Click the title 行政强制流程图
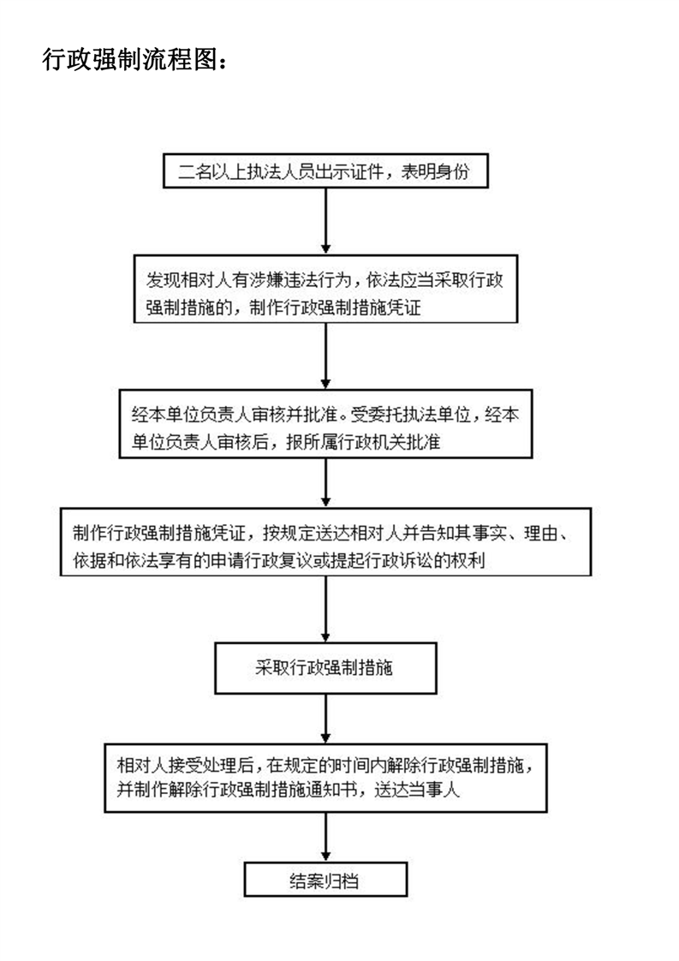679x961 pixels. (x=130, y=59)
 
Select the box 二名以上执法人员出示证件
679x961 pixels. (x=325, y=171)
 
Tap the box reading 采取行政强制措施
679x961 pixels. (x=325, y=668)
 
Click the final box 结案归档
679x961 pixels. (x=325, y=880)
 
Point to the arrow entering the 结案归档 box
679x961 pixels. (x=325, y=837)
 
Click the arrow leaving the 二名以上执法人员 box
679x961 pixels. (x=325, y=221)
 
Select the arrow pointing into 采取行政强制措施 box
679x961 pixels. (x=325, y=609)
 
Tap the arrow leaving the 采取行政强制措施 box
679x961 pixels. (x=325, y=719)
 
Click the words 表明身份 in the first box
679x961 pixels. (x=435, y=171)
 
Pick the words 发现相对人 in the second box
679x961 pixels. (x=188, y=280)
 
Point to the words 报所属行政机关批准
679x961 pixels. (x=363, y=442)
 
